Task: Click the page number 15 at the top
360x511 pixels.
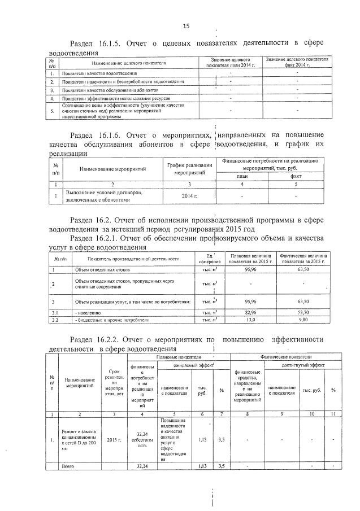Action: (x=186, y=26)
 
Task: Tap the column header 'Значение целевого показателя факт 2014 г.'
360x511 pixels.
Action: (x=297, y=62)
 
